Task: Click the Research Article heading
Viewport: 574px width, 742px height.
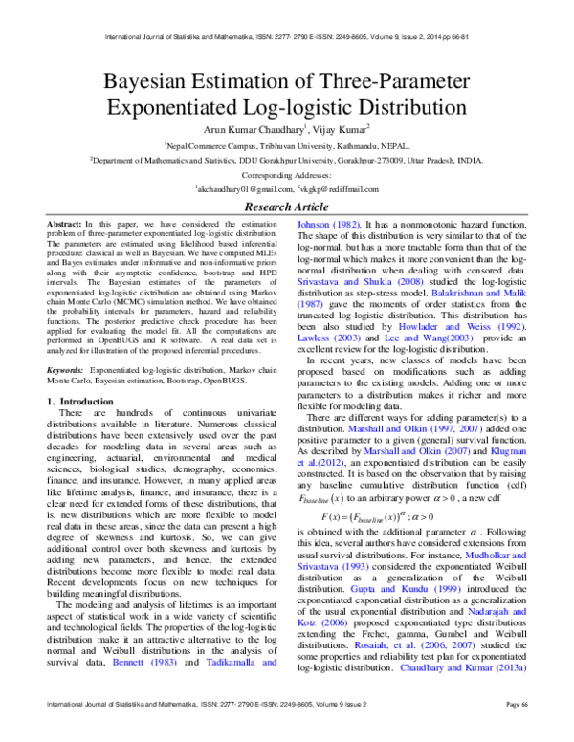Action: (286, 207)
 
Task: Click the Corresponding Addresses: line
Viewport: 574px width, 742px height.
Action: (286, 178)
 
